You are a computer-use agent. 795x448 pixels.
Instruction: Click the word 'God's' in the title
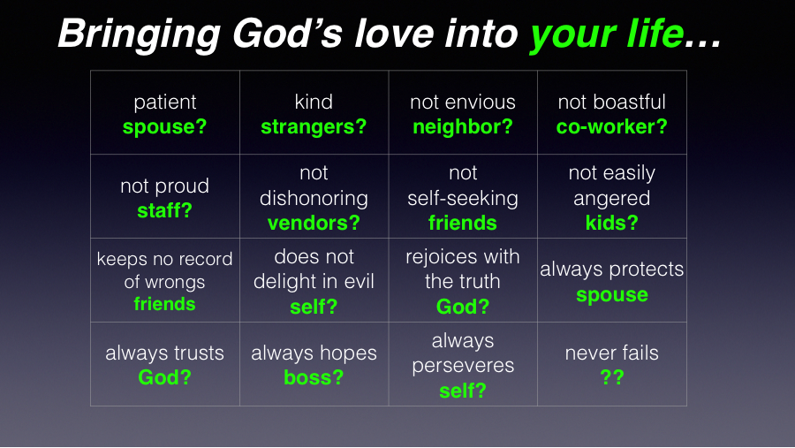coord(287,34)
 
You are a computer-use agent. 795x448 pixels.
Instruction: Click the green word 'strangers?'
coord(314,127)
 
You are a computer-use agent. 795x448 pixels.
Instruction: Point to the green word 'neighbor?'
coord(463,127)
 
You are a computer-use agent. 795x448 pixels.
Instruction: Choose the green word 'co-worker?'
coord(611,126)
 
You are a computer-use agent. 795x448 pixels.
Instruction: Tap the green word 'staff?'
coord(164,210)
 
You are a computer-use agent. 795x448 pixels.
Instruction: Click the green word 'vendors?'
coord(314,223)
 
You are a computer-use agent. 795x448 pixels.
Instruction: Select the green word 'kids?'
coord(611,223)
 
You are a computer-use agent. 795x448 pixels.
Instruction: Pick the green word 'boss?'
coord(314,377)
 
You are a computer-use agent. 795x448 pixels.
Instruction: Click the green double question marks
coord(611,377)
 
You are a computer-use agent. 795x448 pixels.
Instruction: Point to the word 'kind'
coord(314,102)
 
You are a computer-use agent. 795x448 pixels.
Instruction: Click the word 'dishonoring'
coord(314,199)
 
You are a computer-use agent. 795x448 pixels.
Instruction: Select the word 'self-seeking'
coord(463,199)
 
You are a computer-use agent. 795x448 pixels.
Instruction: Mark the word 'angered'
coord(611,199)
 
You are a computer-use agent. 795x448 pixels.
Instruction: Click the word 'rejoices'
coord(441,257)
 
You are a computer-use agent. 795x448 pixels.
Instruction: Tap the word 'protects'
coord(650,270)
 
